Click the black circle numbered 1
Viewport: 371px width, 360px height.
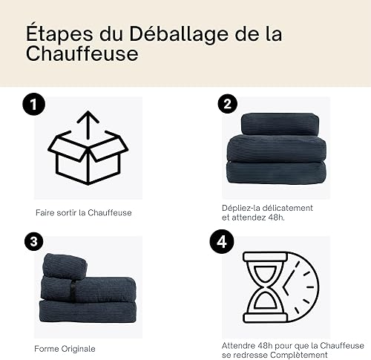click(x=34, y=104)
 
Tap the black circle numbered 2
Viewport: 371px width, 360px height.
click(x=228, y=104)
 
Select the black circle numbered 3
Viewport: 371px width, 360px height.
click(x=34, y=241)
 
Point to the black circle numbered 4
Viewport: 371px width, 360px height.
click(x=222, y=241)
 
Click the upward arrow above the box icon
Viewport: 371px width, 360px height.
click(x=88, y=125)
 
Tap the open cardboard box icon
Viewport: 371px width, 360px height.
click(x=88, y=157)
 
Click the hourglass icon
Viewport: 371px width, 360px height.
click(x=266, y=287)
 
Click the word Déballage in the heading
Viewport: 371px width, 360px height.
click(x=178, y=33)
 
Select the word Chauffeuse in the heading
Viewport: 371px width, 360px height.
click(x=82, y=53)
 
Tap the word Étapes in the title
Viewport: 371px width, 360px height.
click(x=59, y=33)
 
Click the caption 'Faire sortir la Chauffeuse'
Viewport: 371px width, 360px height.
click(x=84, y=213)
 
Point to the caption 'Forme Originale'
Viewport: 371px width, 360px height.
click(x=65, y=349)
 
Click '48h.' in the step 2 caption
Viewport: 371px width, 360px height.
click(x=276, y=217)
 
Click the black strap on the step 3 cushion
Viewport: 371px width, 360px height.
click(x=73, y=291)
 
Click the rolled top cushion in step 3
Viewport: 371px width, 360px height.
click(x=65, y=266)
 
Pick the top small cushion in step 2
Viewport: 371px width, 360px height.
click(x=280, y=124)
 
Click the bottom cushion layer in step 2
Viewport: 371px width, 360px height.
click(x=276, y=172)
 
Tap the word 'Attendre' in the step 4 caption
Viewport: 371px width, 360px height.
click(x=238, y=346)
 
